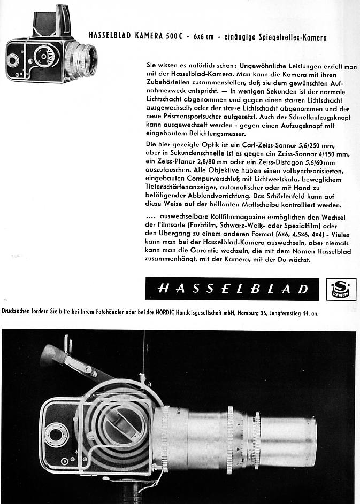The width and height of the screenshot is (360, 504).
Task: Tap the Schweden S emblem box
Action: (338, 289)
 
